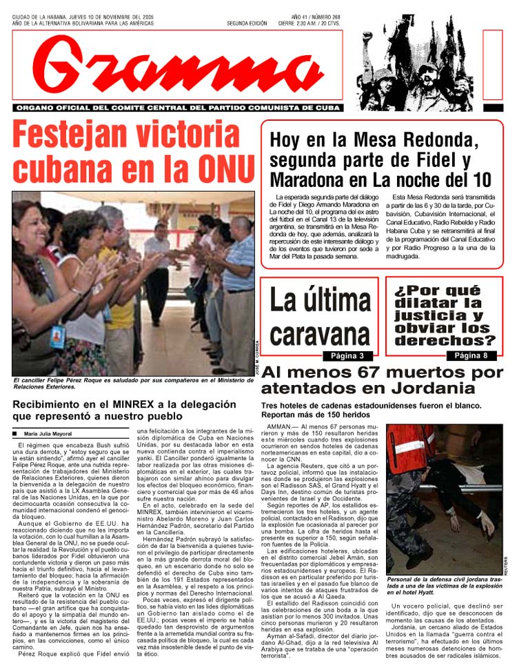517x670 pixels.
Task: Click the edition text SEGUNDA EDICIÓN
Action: tap(247, 23)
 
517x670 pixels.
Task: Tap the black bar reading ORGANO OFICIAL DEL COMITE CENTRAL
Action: tap(178, 108)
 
